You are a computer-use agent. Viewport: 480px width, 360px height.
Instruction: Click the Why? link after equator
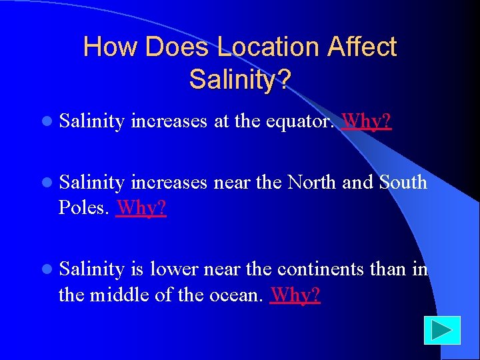(x=367, y=122)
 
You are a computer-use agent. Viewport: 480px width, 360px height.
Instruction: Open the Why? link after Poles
(x=141, y=208)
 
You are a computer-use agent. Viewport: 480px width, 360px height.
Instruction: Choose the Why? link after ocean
(x=295, y=294)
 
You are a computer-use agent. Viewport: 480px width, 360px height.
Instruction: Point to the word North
(x=313, y=182)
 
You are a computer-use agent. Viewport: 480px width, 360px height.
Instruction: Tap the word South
(x=403, y=182)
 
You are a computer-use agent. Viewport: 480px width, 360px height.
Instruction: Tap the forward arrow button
(x=441, y=330)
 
